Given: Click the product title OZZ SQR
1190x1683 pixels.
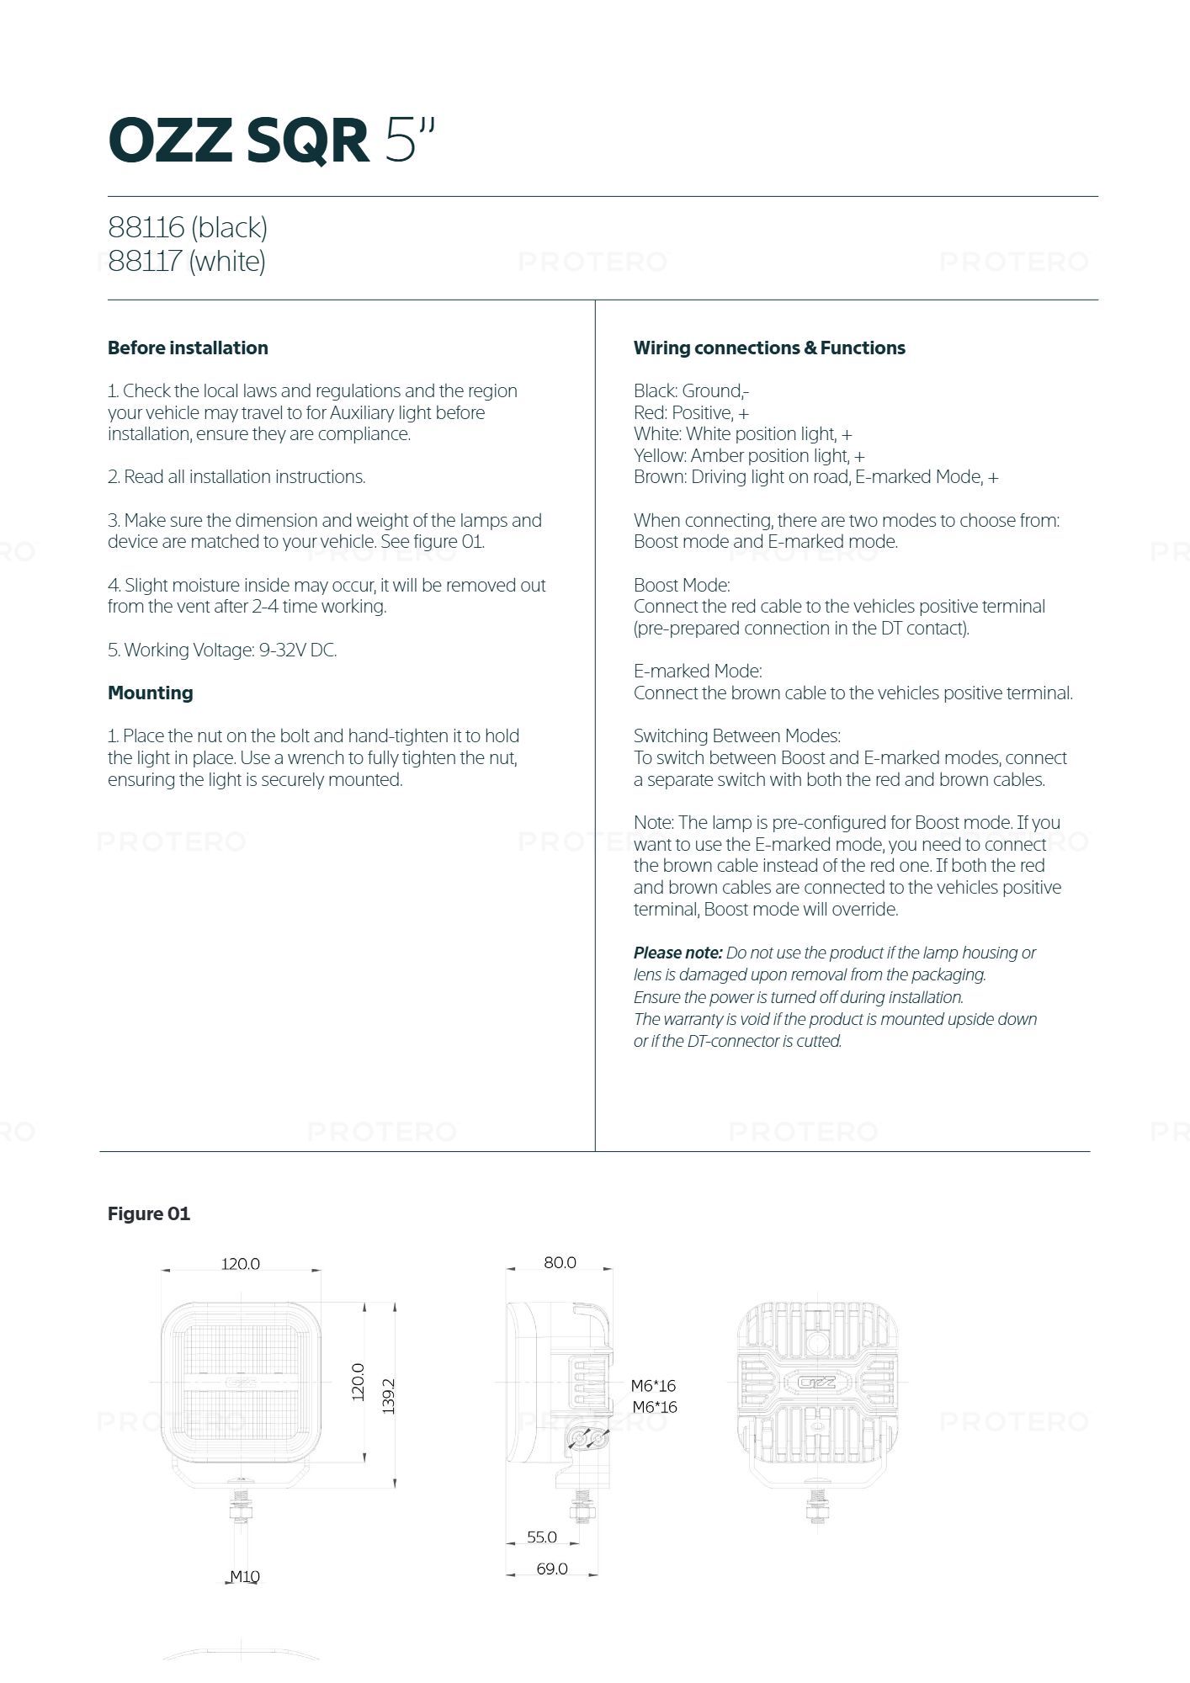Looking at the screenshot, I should click(239, 140).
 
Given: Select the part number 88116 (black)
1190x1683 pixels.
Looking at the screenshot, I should click(188, 227).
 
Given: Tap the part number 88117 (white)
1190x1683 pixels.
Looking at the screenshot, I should click(187, 261).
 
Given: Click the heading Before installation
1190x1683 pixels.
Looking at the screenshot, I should click(188, 348).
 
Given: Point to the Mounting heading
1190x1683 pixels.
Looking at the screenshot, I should click(150, 693).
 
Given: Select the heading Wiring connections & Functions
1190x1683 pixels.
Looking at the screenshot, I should click(769, 348).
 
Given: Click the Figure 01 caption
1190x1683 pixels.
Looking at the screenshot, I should click(149, 1213).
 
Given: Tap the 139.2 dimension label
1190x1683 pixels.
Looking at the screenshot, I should click(388, 1395).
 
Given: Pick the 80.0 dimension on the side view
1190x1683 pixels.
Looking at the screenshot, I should click(560, 1262).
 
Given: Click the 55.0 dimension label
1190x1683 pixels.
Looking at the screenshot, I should click(542, 1537).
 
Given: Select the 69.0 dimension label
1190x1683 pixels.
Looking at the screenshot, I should click(551, 1569).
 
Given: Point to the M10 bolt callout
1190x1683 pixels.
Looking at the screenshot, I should click(245, 1576).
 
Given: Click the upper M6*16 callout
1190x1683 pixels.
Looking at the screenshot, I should click(654, 1385).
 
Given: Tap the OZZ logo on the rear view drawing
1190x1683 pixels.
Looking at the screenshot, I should click(816, 1382).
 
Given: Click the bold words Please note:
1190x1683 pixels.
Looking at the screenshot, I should click(677, 953).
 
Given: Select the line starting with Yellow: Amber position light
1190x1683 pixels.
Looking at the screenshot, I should click(749, 455).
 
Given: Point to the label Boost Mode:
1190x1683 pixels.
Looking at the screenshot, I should click(682, 585).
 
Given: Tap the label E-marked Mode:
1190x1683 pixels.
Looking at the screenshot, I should click(698, 671).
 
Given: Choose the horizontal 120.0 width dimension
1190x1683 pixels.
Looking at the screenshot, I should click(241, 1263).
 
